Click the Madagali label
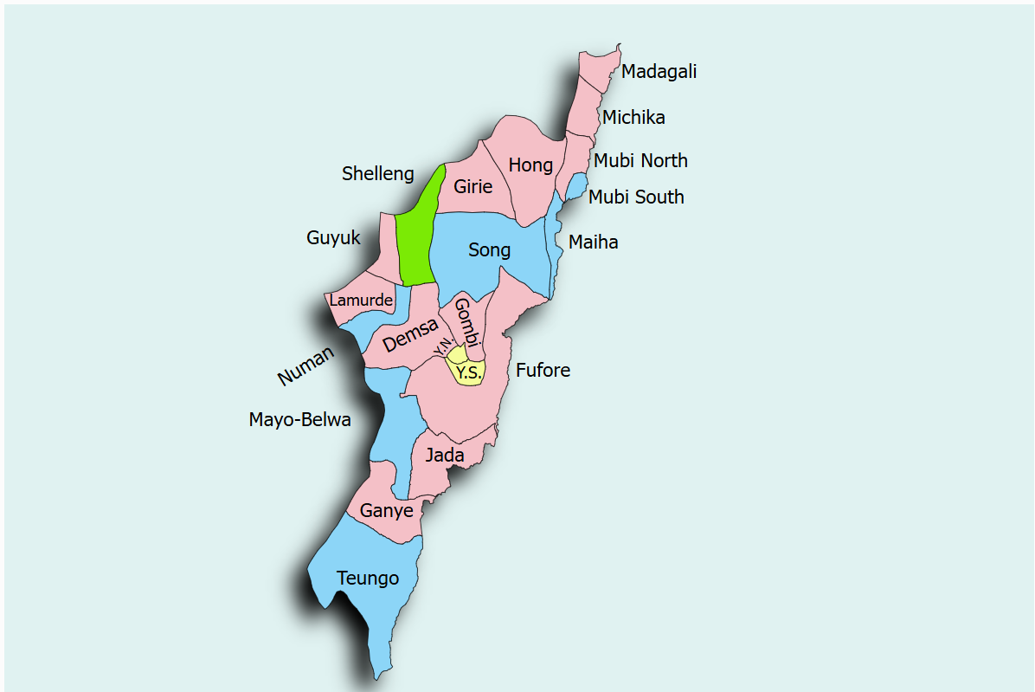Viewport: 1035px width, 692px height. pos(659,72)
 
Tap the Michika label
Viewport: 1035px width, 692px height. pos(633,118)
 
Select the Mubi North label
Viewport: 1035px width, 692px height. pos(640,161)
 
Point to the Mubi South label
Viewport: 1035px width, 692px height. pos(636,197)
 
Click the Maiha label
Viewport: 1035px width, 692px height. pos(593,243)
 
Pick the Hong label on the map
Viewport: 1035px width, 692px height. pos(530,165)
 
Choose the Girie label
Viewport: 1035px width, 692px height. pos(472,187)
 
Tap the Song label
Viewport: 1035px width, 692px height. pos(489,250)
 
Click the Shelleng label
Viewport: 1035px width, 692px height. pos(377,174)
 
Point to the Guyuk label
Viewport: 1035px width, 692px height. pos(333,238)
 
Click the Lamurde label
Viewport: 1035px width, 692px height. pos(361,301)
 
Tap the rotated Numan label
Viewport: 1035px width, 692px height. pos(305,366)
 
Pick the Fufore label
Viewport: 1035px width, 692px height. pos(543,371)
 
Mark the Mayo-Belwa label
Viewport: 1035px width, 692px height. pos(299,421)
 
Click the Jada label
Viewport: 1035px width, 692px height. pos(444,455)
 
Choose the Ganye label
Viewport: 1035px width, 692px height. pos(386,511)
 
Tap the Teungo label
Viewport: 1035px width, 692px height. pos(368,579)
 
